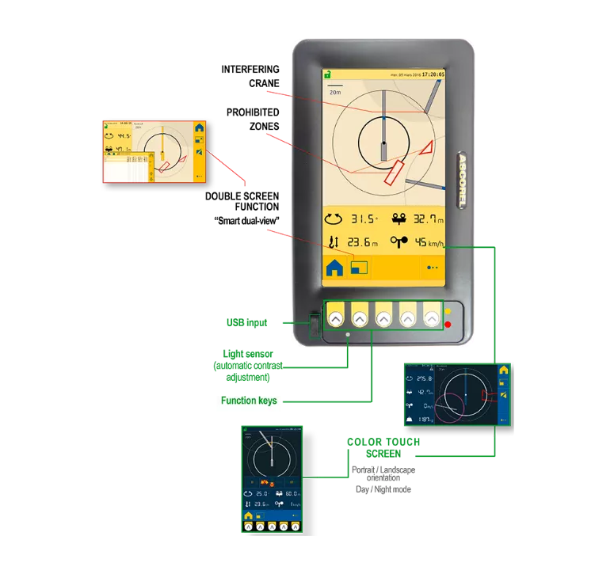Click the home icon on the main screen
coord(334,268)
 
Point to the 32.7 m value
coord(426,219)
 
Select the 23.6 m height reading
coord(364,243)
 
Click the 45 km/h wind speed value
coord(431,243)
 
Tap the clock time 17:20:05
coord(433,74)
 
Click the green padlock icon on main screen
coord(326,75)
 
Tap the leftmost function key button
coord(335,317)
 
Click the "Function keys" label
coord(250,401)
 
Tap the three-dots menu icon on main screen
coord(432,268)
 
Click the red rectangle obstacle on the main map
coord(394,171)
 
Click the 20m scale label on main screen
coord(336,92)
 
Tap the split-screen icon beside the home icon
coord(359,268)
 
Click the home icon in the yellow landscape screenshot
coord(199,127)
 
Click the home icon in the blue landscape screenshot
coord(503,371)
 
